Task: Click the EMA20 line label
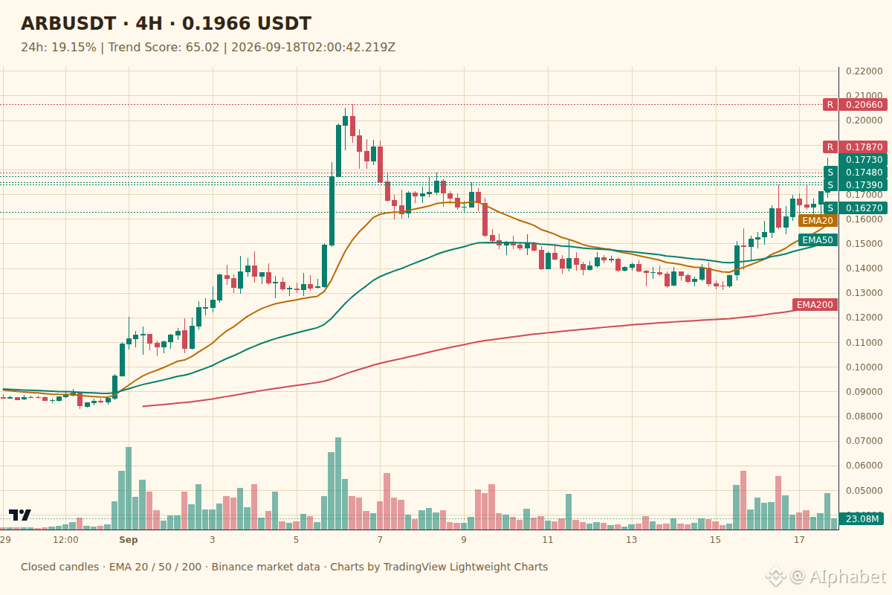click(818, 221)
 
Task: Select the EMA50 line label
click(818, 240)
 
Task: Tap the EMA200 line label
click(815, 305)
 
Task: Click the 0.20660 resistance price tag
click(863, 105)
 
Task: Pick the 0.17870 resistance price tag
click(863, 147)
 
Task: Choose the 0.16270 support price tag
click(863, 208)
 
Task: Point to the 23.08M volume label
click(862, 519)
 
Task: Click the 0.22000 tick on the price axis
click(864, 71)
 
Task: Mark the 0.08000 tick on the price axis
click(864, 416)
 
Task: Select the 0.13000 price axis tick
click(864, 293)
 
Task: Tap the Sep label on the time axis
click(128, 540)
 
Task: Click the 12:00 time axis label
click(65, 540)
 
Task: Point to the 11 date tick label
click(548, 540)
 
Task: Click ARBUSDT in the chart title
click(68, 24)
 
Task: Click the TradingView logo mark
click(20, 515)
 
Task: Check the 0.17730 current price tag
click(863, 160)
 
